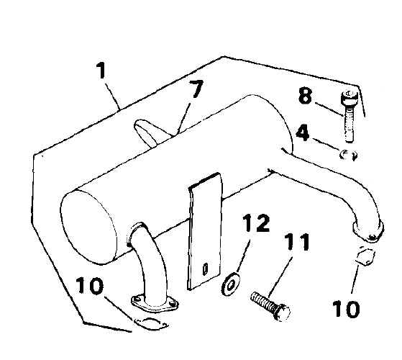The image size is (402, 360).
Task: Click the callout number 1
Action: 101,71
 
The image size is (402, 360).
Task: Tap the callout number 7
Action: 196,89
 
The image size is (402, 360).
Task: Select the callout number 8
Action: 305,96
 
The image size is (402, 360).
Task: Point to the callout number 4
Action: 303,133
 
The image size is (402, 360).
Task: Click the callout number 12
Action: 256,223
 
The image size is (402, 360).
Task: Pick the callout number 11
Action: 296,242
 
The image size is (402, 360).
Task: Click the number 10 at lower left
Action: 90,285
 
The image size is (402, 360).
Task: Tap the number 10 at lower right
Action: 346,309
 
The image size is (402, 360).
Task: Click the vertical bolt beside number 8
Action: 349,116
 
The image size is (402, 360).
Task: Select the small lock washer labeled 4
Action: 348,155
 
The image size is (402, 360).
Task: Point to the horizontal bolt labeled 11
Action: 270,306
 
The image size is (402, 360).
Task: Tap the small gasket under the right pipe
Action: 365,256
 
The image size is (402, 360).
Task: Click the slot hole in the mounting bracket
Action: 205,269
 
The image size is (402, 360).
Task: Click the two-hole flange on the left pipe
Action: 155,304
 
